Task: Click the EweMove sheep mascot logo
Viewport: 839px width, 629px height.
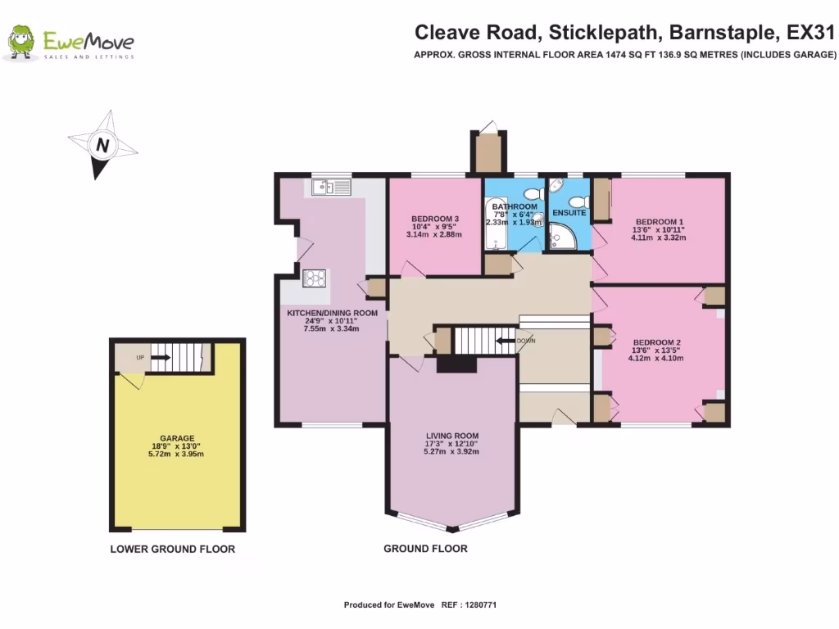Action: tap(20, 42)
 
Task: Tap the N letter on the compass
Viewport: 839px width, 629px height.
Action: tap(102, 145)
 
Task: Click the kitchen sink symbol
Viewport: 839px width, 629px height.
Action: tap(331, 187)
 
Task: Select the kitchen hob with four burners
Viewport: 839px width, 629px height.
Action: tap(315, 278)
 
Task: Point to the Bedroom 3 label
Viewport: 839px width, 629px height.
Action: tap(435, 219)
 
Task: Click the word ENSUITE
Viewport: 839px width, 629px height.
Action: tap(569, 213)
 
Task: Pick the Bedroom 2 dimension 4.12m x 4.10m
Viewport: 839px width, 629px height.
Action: tap(656, 359)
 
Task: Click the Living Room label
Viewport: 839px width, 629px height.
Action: tap(452, 436)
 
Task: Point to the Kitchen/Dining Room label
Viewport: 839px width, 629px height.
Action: tap(333, 313)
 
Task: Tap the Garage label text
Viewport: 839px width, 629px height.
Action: tap(177, 438)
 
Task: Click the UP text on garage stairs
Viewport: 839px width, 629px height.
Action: tap(140, 358)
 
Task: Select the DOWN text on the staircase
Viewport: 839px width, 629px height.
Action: tap(526, 341)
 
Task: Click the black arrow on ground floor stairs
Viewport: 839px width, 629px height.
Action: tap(506, 341)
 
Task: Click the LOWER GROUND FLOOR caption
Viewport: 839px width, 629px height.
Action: tap(173, 550)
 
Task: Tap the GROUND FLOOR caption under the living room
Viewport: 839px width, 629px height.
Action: tap(425, 549)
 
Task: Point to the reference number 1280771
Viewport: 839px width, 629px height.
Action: tap(481, 605)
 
